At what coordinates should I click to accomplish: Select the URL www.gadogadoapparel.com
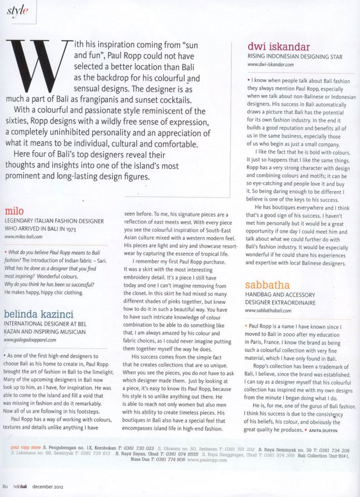[x=33, y=339]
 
